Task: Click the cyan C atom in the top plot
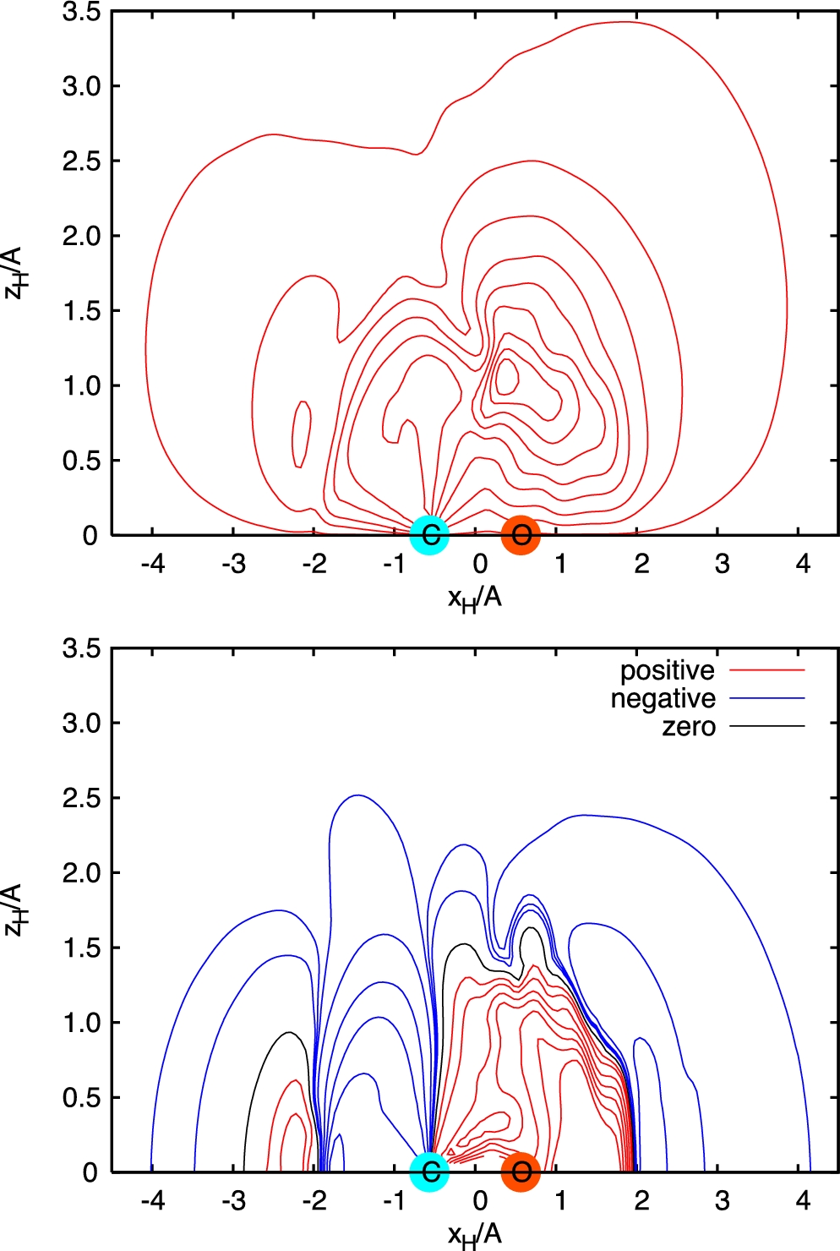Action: tap(429, 534)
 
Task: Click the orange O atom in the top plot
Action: tap(521, 534)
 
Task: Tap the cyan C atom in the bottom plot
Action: tap(429, 1172)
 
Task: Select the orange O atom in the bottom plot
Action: tap(521, 1172)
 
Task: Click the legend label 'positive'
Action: tap(668, 670)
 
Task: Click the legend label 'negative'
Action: tap(663, 698)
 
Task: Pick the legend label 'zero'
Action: tap(689, 727)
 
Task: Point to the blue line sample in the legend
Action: tap(766, 698)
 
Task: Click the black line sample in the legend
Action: tap(766, 726)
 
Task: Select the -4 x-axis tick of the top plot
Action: tap(153, 563)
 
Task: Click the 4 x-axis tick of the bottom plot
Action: tap(803, 1200)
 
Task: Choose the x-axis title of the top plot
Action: tap(474, 598)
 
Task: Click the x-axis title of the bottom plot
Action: tap(474, 1235)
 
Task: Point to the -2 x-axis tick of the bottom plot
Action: tap(314, 1200)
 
